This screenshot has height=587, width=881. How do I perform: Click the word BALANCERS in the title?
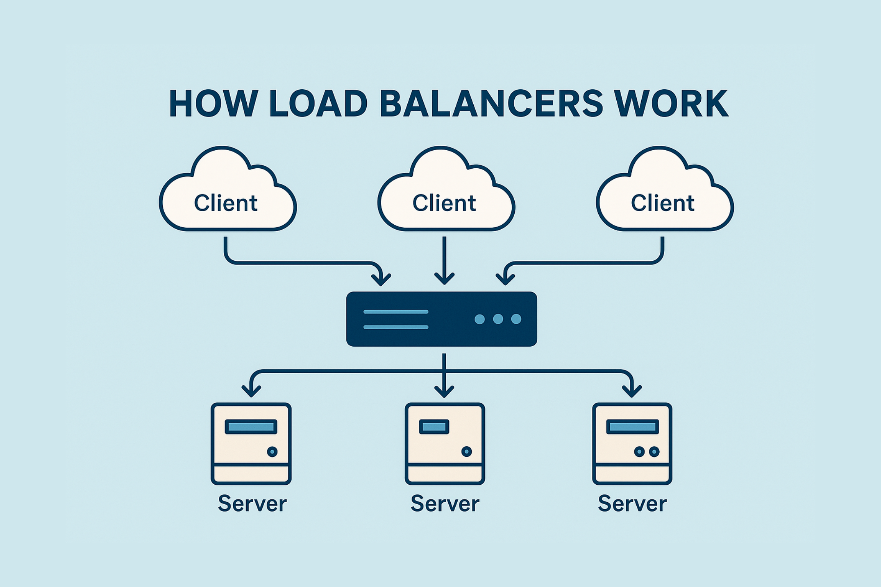click(491, 103)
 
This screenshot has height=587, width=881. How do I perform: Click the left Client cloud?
click(227, 196)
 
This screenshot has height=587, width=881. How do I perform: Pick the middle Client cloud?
click(446, 196)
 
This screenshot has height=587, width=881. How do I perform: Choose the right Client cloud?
click(664, 196)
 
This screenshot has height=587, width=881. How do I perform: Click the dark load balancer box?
click(441, 319)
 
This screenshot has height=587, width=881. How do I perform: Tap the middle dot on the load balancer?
click(498, 319)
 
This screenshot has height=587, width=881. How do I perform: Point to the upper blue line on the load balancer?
click(396, 312)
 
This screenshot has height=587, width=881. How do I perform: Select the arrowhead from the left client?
click(381, 280)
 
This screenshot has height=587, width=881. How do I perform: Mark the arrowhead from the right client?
click(505, 280)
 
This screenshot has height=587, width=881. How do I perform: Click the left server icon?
click(251, 444)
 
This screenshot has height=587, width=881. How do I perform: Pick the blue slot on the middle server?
click(434, 427)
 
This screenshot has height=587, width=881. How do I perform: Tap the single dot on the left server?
click(272, 452)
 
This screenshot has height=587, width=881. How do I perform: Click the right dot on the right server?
click(654, 452)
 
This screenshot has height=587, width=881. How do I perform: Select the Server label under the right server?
click(632, 503)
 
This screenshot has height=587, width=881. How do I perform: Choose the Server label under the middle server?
click(445, 503)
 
